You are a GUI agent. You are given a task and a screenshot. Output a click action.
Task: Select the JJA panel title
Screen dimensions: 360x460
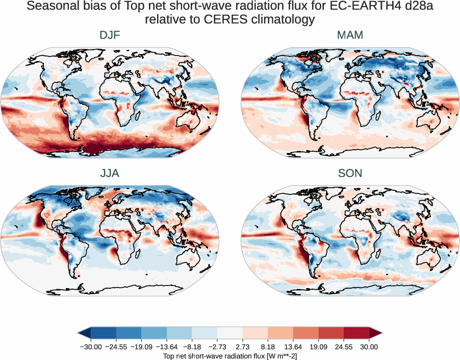pos(110,173)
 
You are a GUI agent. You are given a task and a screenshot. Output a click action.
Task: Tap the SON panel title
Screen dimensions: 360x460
pos(350,173)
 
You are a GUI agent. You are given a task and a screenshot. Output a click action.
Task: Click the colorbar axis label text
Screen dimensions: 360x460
pos(230,355)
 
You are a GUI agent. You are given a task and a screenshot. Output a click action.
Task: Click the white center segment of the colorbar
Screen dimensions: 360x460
pos(230,333)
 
